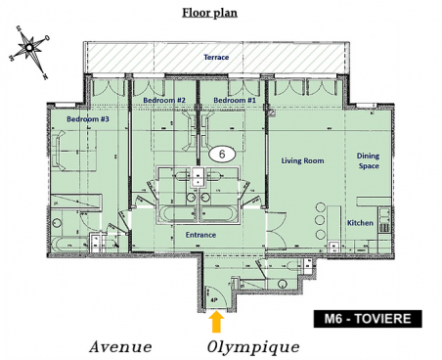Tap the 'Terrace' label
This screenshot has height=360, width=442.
(215, 58)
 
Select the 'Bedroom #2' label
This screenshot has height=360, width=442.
(164, 100)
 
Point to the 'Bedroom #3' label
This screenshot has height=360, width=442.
(87, 119)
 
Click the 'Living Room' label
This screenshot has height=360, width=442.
(303, 160)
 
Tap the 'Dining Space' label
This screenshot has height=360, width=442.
(368, 160)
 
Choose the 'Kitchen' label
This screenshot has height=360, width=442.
(362, 222)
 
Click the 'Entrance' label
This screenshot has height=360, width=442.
(200, 235)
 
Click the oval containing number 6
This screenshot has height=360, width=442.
(222, 154)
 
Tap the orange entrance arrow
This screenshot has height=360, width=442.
(217, 320)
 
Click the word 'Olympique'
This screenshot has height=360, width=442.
(252, 347)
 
